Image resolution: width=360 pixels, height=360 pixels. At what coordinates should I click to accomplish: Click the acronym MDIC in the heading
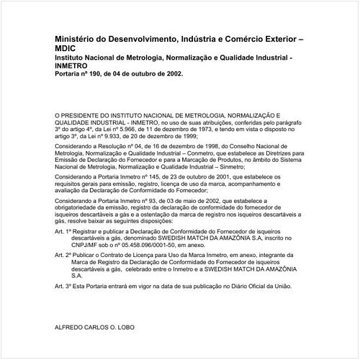coord(66,51)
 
